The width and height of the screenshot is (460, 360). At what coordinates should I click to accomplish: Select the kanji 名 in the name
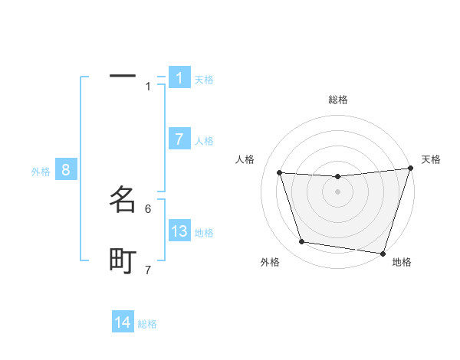[123, 200]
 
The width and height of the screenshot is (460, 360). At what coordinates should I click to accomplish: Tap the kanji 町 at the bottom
[123, 261]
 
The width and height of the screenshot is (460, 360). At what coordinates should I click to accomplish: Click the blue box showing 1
[179, 78]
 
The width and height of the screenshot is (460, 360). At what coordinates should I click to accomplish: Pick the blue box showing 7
[179, 139]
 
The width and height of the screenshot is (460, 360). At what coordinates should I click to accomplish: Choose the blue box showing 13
[179, 231]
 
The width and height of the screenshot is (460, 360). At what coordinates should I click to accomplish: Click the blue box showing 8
[66, 170]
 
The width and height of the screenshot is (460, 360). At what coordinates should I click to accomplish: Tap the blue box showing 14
[123, 322]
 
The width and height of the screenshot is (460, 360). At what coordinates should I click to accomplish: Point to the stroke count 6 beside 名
[148, 208]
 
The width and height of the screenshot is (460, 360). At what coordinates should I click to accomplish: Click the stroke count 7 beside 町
[148, 270]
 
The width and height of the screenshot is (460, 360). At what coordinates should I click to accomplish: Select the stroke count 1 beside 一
[148, 87]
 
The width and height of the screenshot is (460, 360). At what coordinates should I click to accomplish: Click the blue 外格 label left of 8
[41, 172]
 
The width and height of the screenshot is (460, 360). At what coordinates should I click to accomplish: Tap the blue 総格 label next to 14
[147, 324]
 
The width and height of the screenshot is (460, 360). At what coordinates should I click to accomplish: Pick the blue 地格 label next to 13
[204, 233]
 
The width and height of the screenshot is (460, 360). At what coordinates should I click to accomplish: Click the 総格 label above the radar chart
[338, 100]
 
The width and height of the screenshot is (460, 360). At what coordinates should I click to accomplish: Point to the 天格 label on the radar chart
[432, 159]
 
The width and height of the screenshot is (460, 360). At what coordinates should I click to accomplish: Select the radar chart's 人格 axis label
[245, 159]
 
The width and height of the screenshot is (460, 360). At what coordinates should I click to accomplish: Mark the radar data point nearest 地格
[383, 253]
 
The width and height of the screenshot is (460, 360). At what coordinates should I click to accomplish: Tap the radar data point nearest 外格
[302, 242]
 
